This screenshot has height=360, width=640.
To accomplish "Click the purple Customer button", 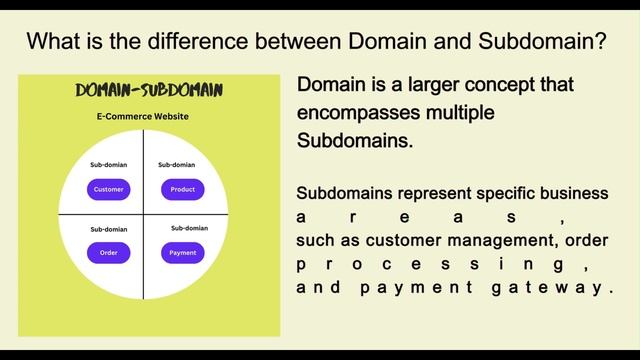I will [x=108, y=189].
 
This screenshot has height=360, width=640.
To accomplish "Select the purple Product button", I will [x=182, y=189].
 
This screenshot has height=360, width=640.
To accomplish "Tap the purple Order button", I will [x=108, y=252].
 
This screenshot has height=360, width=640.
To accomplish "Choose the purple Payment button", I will [x=182, y=252].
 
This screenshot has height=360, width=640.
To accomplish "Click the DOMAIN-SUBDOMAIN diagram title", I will [x=149, y=91].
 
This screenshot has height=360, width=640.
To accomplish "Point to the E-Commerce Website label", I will [x=142, y=117].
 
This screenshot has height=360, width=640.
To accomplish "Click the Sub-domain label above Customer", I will [x=108, y=164].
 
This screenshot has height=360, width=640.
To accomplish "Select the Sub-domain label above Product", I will [x=176, y=164].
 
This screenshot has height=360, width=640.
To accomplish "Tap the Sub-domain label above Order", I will [x=108, y=229].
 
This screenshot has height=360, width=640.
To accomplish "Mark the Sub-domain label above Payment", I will [x=189, y=228].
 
